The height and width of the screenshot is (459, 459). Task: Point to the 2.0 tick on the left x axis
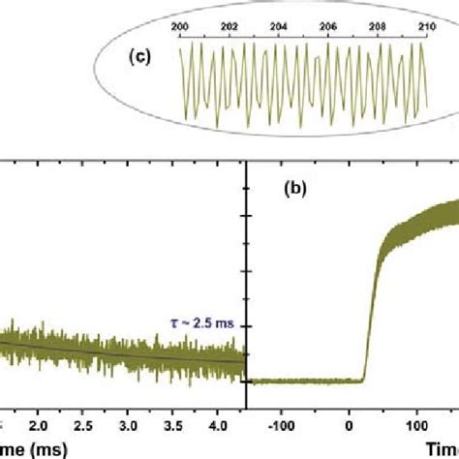(x=38, y=423)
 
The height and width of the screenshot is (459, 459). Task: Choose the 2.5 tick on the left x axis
(x=83, y=423)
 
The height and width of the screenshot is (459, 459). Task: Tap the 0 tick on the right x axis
(x=350, y=423)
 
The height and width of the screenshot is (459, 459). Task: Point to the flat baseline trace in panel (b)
(x=305, y=381)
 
